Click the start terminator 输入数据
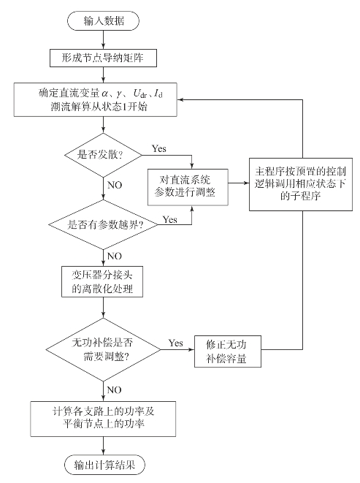(x=103, y=21)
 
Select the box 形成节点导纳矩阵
(x=103, y=58)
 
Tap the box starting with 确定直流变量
(x=96, y=99)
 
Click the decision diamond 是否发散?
(x=103, y=155)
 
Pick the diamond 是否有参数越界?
(x=103, y=224)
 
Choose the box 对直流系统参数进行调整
(x=188, y=187)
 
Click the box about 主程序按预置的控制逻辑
(x=301, y=184)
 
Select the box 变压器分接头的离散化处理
(x=102, y=281)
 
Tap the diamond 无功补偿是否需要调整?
(x=103, y=349)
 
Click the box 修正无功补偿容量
(x=228, y=351)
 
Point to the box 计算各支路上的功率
(x=103, y=419)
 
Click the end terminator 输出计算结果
(x=104, y=465)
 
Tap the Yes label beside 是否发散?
(x=159, y=149)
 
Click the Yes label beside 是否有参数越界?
(x=170, y=220)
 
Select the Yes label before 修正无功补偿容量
(x=175, y=343)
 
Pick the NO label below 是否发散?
(x=115, y=185)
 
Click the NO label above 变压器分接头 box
(x=115, y=256)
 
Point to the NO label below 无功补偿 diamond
(x=114, y=390)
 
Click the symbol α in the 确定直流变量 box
(x=105, y=93)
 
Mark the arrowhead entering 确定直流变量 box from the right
(x=180, y=99)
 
